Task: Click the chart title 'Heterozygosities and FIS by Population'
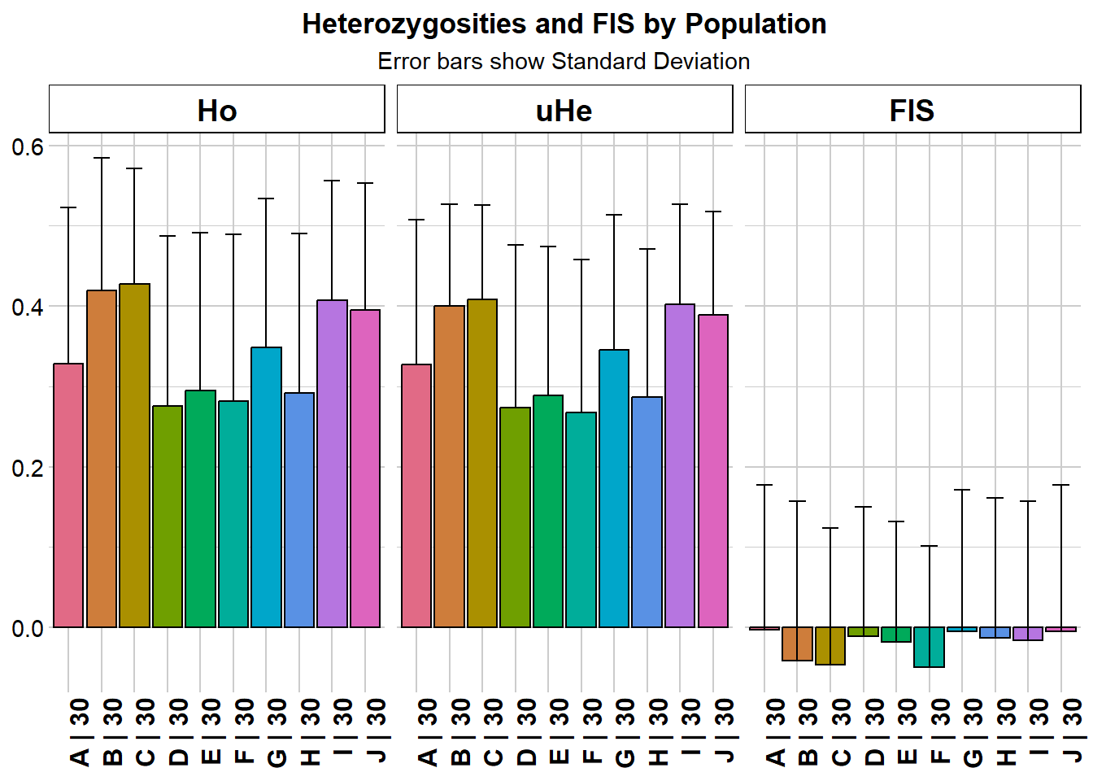(x=564, y=24)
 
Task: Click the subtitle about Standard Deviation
(x=564, y=62)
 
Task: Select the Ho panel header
(x=216, y=110)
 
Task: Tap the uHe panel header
(x=564, y=110)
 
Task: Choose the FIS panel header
(x=912, y=110)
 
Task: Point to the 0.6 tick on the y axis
(x=28, y=147)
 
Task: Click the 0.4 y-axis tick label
(x=28, y=308)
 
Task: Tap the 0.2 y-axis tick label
(x=28, y=468)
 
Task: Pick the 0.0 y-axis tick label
(x=28, y=628)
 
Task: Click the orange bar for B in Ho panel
(x=102, y=459)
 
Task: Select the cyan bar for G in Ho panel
(x=266, y=487)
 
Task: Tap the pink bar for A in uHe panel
(x=416, y=495)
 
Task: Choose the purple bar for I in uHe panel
(x=680, y=465)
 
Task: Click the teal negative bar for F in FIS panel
(x=929, y=647)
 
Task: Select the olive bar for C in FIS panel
(x=830, y=646)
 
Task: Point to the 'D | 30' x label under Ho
(x=178, y=731)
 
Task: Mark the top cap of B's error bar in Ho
(x=102, y=158)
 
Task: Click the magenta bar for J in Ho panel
(x=365, y=469)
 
